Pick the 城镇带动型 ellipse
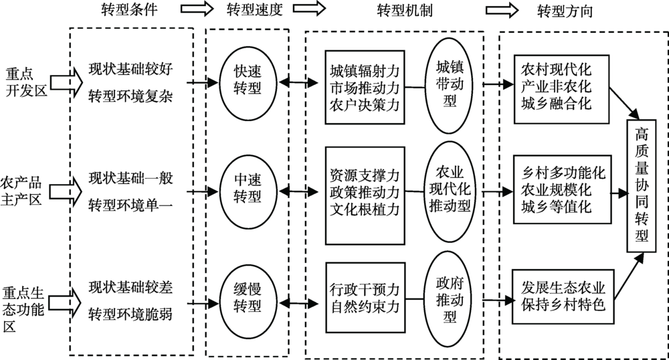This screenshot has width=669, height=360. point(450,83)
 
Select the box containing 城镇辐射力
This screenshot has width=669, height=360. point(365,87)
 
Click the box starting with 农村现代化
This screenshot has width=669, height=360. point(558,87)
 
